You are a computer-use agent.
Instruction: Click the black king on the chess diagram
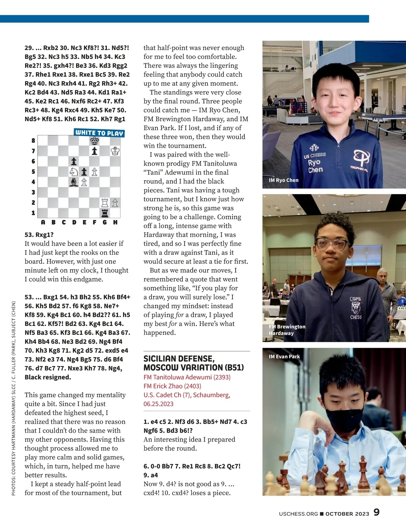(94, 141)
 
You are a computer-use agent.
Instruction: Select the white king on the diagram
(115, 151)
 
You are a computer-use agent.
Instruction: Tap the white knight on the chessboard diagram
(74, 172)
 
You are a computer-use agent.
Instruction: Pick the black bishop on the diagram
(74, 182)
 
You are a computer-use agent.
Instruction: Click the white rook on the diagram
(105, 203)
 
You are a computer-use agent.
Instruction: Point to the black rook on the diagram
(105, 213)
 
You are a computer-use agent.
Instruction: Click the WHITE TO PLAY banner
(99, 133)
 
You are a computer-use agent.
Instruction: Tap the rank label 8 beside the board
(33, 141)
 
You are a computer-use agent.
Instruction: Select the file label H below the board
(115, 222)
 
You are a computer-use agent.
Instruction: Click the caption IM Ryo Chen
(284, 180)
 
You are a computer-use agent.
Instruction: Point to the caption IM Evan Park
(284, 356)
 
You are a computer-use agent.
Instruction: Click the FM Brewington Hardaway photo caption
(287, 330)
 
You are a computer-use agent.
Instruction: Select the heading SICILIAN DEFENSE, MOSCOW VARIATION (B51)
(194, 363)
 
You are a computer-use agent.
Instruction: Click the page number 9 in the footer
(377, 512)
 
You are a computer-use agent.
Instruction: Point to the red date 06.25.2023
(158, 404)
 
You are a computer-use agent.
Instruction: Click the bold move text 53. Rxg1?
(39, 235)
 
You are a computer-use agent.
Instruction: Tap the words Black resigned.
(48, 377)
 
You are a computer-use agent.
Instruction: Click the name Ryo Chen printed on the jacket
(315, 166)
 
